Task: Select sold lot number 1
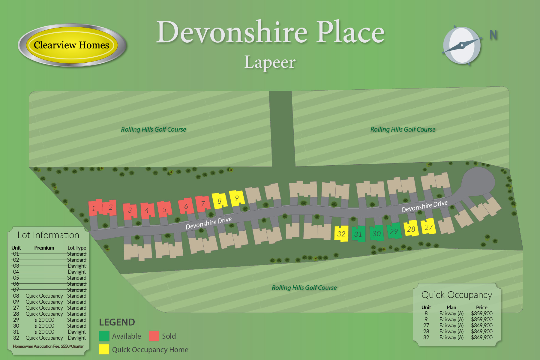tap(94, 208)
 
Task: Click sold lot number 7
tap(203, 204)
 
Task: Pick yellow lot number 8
tap(219, 201)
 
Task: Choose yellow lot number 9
tap(237, 198)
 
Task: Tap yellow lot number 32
tap(341, 234)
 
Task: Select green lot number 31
tap(358, 234)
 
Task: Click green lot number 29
tap(394, 231)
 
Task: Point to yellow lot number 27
tap(428, 227)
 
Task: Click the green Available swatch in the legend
tap(104, 336)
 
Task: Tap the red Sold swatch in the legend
tap(154, 336)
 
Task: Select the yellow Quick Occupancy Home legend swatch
tap(104, 349)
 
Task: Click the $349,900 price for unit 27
tap(481, 325)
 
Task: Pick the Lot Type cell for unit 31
tap(76, 332)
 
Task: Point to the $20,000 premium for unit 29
tap(44, 320)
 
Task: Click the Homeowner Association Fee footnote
tap(48, 346)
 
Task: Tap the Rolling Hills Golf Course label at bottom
tap(304, 288)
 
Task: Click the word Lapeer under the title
tap(270, 62)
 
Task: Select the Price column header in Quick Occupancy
tap(481, 307)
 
